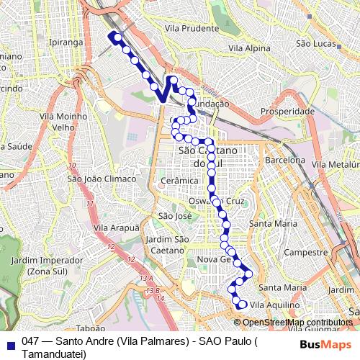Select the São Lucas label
[317, 43]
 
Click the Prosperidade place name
[287, 112]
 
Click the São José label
[175, 215]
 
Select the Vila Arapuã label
[116, 228]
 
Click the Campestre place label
[306, 253]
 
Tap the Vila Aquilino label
[274, 305]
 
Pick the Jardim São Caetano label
[167, 244]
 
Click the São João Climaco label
[101, 179]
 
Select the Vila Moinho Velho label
[59, 121]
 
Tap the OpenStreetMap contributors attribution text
[298, 323]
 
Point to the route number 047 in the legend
[30, 343]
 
